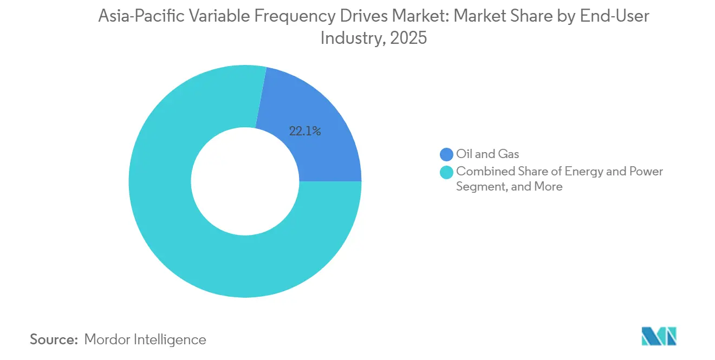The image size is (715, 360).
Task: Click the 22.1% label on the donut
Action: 305,131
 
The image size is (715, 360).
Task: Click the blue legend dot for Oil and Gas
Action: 447,154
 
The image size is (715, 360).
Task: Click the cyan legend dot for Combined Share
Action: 447,172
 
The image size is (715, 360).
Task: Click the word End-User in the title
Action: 614,17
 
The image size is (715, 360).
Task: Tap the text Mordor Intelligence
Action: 146,340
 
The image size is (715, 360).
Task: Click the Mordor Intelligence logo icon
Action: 659,336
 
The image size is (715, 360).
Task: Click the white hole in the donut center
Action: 245,181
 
